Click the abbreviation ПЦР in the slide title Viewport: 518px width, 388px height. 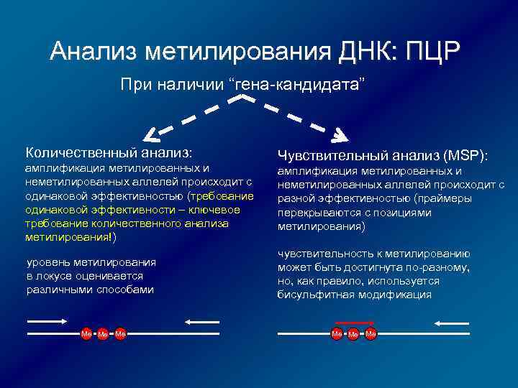click(x=432, y=51)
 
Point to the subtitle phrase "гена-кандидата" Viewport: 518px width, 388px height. click(x=298, y=86)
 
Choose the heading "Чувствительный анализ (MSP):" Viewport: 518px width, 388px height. click(x=382, y=156)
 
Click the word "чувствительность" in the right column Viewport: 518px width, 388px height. click(x=323, y=254)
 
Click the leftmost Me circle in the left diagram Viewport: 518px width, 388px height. click(x=86, y=334)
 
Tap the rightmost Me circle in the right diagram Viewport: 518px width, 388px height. click(x=371, y=334)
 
